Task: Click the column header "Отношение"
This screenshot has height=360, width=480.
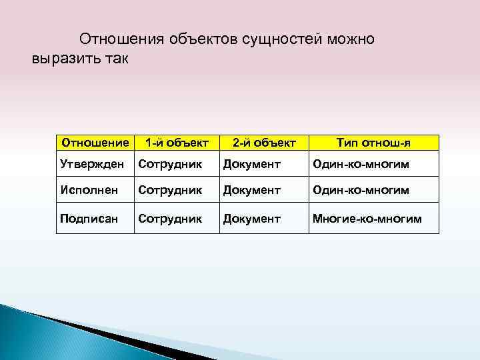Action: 95,143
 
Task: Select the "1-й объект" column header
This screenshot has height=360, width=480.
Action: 177,143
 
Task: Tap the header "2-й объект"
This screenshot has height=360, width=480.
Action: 263,143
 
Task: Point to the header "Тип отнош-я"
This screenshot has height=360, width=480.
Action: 373,143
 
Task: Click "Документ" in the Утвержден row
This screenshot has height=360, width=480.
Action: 252,164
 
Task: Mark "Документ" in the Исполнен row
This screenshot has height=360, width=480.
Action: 252,191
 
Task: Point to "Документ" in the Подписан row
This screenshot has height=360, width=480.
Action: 252,218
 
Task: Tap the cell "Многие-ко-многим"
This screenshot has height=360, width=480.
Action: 367,218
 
